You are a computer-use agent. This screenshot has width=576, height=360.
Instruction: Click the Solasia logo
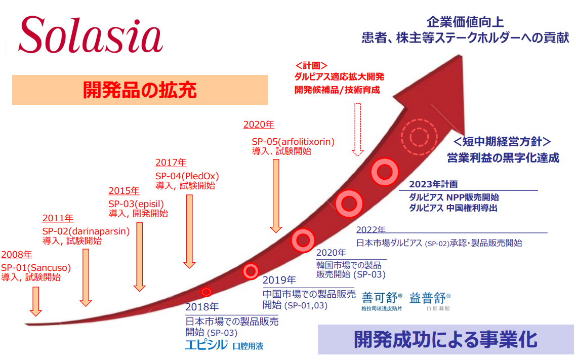91,35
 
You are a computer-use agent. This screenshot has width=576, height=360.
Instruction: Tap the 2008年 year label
17,255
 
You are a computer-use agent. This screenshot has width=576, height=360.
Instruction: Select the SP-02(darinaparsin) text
86,231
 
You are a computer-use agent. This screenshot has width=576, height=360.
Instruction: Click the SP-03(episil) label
136,204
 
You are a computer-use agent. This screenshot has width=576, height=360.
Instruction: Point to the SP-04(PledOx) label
187,176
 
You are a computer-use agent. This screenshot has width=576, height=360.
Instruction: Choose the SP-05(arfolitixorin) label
293,141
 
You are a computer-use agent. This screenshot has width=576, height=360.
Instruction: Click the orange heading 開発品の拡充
140,90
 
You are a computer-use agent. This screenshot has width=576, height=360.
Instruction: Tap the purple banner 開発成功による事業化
445,339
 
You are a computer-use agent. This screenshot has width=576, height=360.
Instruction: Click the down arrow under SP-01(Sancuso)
35,301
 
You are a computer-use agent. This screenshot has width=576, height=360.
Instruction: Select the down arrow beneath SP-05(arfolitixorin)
276,196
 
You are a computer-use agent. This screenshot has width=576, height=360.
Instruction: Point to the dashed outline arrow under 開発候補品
357,130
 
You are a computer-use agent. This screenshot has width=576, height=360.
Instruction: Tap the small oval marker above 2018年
207,292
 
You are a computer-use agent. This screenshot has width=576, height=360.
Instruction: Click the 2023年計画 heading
433,184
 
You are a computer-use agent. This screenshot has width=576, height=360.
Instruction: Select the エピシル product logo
206,345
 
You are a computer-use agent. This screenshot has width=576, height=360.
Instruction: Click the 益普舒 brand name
428,298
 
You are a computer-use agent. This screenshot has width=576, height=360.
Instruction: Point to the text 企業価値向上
465,22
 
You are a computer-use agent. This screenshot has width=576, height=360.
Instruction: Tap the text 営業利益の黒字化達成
503,158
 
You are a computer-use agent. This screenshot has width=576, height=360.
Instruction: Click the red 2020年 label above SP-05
259,125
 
